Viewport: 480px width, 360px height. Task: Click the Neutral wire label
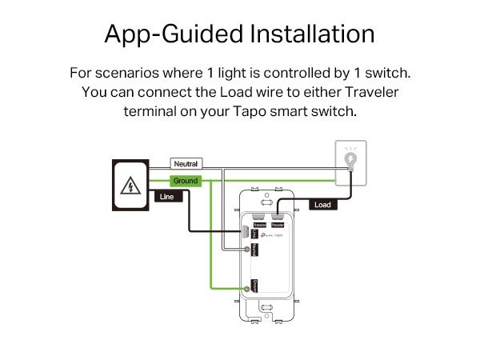[x=186, y=163]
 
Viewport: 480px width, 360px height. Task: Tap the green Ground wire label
[x=186, y=181]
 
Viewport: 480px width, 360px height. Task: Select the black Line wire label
[x=167, y=196]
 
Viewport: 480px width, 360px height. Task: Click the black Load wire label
[x=322, y=205]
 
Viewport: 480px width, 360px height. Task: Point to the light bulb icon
[x=350, y=161]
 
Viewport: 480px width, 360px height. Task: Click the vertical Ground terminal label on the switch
[x=254, y=285]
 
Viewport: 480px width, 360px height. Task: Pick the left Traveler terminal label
[x=259, y=226]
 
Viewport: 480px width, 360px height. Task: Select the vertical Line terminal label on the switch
[x=253, y=233]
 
